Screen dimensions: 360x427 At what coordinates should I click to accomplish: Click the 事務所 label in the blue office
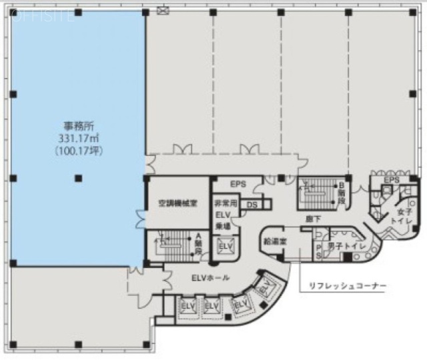pos(78,126)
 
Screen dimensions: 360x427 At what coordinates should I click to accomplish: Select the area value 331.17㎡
pos(78,138)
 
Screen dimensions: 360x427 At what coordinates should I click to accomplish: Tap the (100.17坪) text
pos(78,151)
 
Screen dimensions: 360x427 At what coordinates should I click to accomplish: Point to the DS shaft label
pos(252,205)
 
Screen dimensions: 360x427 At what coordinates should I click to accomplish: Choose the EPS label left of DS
pos(238,183)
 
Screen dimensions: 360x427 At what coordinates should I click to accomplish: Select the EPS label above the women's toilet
pos(392,180)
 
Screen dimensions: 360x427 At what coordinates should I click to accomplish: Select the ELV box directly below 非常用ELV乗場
pos(226,247)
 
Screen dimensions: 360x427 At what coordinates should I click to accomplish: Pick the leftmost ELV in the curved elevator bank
pos(185,307)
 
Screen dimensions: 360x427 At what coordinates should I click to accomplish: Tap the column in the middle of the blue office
pos(78,177)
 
